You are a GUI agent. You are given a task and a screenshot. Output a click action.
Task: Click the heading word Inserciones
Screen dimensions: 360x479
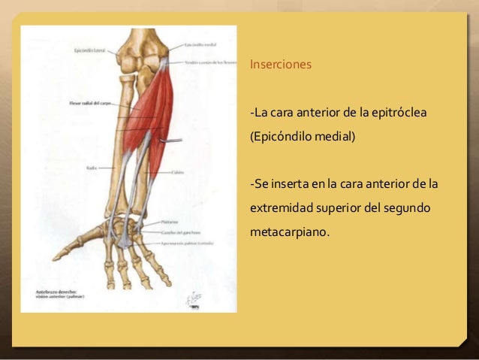point(281,65)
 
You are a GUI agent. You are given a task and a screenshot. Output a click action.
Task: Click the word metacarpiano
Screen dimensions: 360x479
point(288,231)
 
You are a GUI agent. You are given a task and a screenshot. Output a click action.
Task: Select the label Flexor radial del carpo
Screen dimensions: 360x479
point(90,102)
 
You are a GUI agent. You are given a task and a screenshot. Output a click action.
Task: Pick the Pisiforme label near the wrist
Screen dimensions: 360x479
point(169,222)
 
